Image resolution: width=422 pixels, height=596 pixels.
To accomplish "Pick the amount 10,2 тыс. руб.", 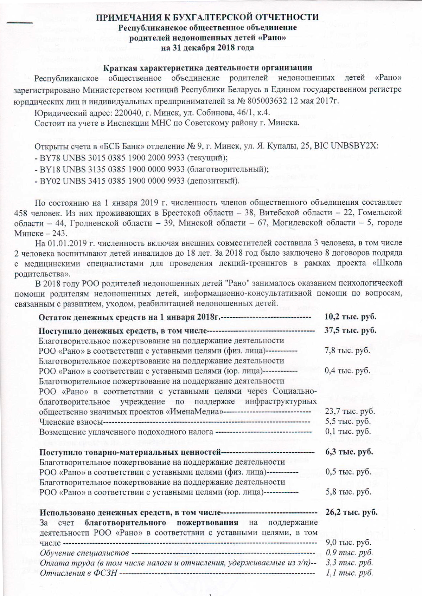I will pos(350,317).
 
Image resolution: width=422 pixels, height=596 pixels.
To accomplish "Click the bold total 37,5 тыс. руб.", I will pos(350,330).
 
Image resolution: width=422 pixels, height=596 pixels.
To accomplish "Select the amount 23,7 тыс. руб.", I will pos(350,411).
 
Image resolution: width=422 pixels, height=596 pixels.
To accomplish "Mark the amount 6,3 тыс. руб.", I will pos(349,452).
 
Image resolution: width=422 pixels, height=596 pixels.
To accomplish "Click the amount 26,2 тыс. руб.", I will pos(351,512).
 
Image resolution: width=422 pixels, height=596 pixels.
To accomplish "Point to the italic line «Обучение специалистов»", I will pos(84,553).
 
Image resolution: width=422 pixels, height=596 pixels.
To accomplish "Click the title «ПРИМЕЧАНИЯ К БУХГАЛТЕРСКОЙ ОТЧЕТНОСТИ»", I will pos(208,17).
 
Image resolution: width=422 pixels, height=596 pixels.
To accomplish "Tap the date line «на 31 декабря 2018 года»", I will pos(207,47).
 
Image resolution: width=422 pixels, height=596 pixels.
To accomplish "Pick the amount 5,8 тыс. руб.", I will pos(348,492).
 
